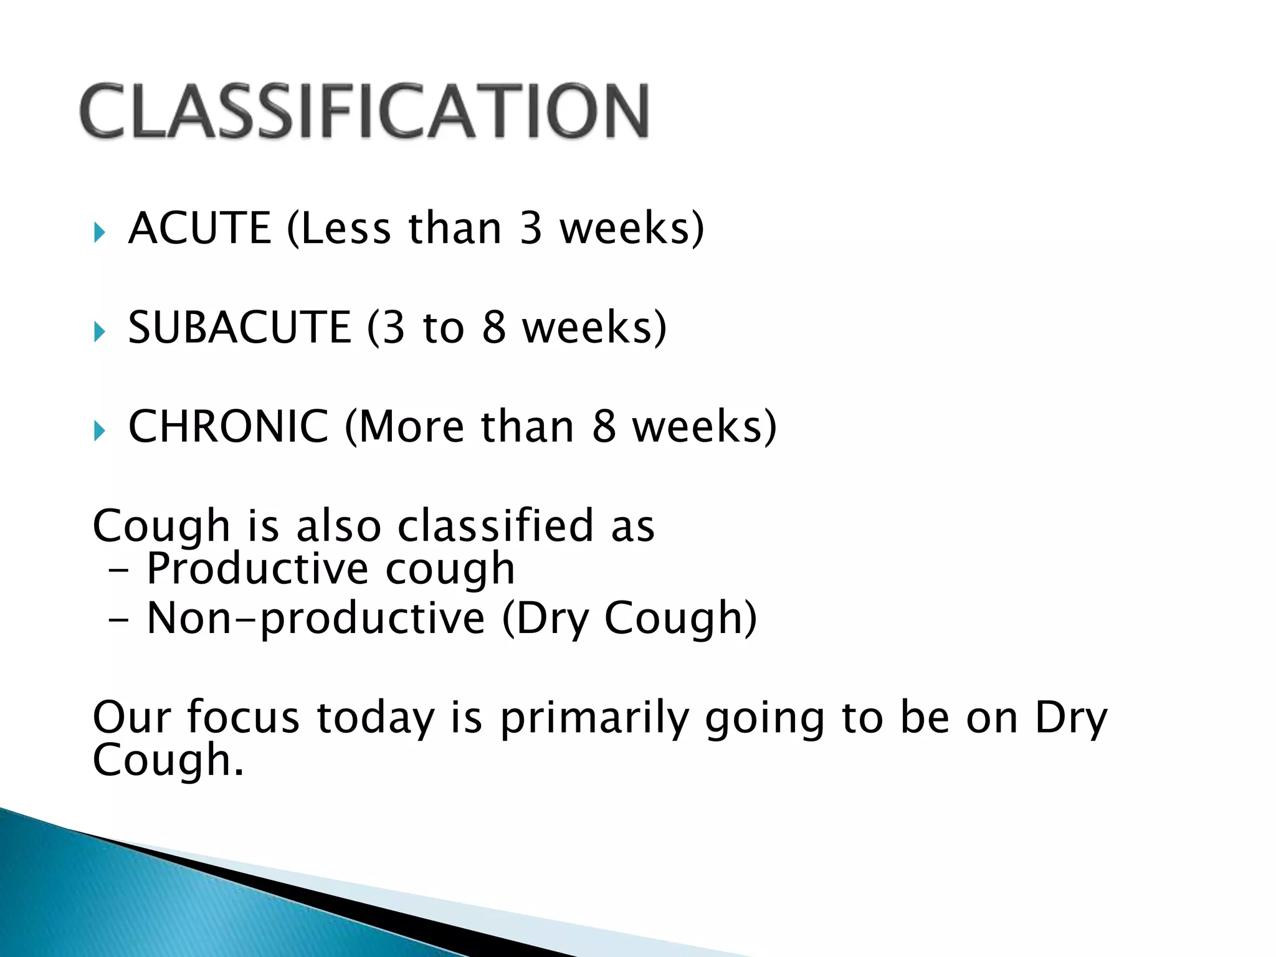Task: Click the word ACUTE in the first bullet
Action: tap(199, 228)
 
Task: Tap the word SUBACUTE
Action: tap(239, 327)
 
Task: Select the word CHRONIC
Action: tap(228, 427)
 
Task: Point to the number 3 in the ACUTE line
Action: tap(530, 228)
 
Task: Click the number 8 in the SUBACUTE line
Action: tap(493, 327)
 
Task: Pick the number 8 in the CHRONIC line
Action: tap(603, 427)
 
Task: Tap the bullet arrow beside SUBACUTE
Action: tap(99, 331)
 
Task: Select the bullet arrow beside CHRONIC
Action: tap(99, 431)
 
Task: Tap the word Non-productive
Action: tap(315, 619)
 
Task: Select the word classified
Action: tap(495, 526)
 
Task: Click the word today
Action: tap(375, 718)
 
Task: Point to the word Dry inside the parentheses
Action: tap(552, 619)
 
